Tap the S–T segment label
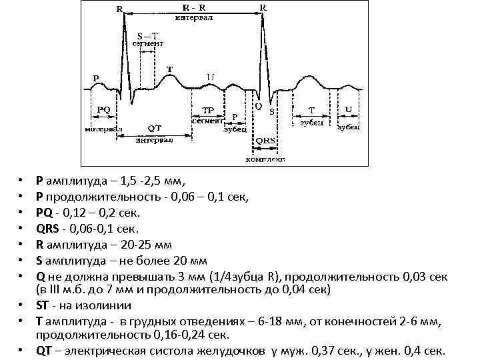point(148,35)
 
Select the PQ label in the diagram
point(103,109)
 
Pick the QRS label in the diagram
point(265,141)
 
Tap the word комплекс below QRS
point(265,159)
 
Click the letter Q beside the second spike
point(258,106)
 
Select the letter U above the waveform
point(210,77)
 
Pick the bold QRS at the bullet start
point(49,228)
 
